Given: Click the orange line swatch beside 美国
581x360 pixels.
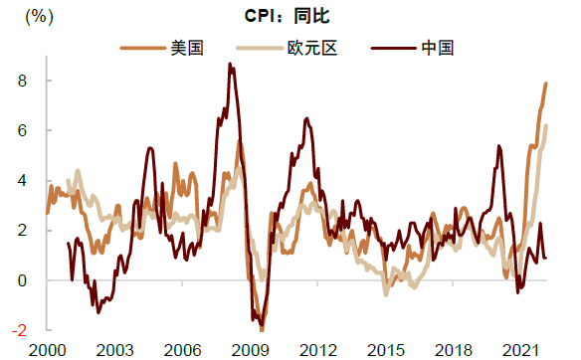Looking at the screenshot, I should (142, 47).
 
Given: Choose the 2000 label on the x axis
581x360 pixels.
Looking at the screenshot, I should (47, 349).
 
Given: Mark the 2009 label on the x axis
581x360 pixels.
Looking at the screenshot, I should (250, 349).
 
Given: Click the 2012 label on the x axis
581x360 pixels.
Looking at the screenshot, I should (317, 349).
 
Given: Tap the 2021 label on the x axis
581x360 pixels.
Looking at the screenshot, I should (519, 349).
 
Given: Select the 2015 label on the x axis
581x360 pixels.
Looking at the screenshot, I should (385, 349).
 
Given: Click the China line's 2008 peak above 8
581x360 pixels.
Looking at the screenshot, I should (231, 65).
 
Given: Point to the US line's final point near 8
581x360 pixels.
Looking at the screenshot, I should (546, 84).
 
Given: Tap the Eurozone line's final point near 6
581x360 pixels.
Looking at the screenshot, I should (546, 125).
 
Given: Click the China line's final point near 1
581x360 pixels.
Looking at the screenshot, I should (546, 259).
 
